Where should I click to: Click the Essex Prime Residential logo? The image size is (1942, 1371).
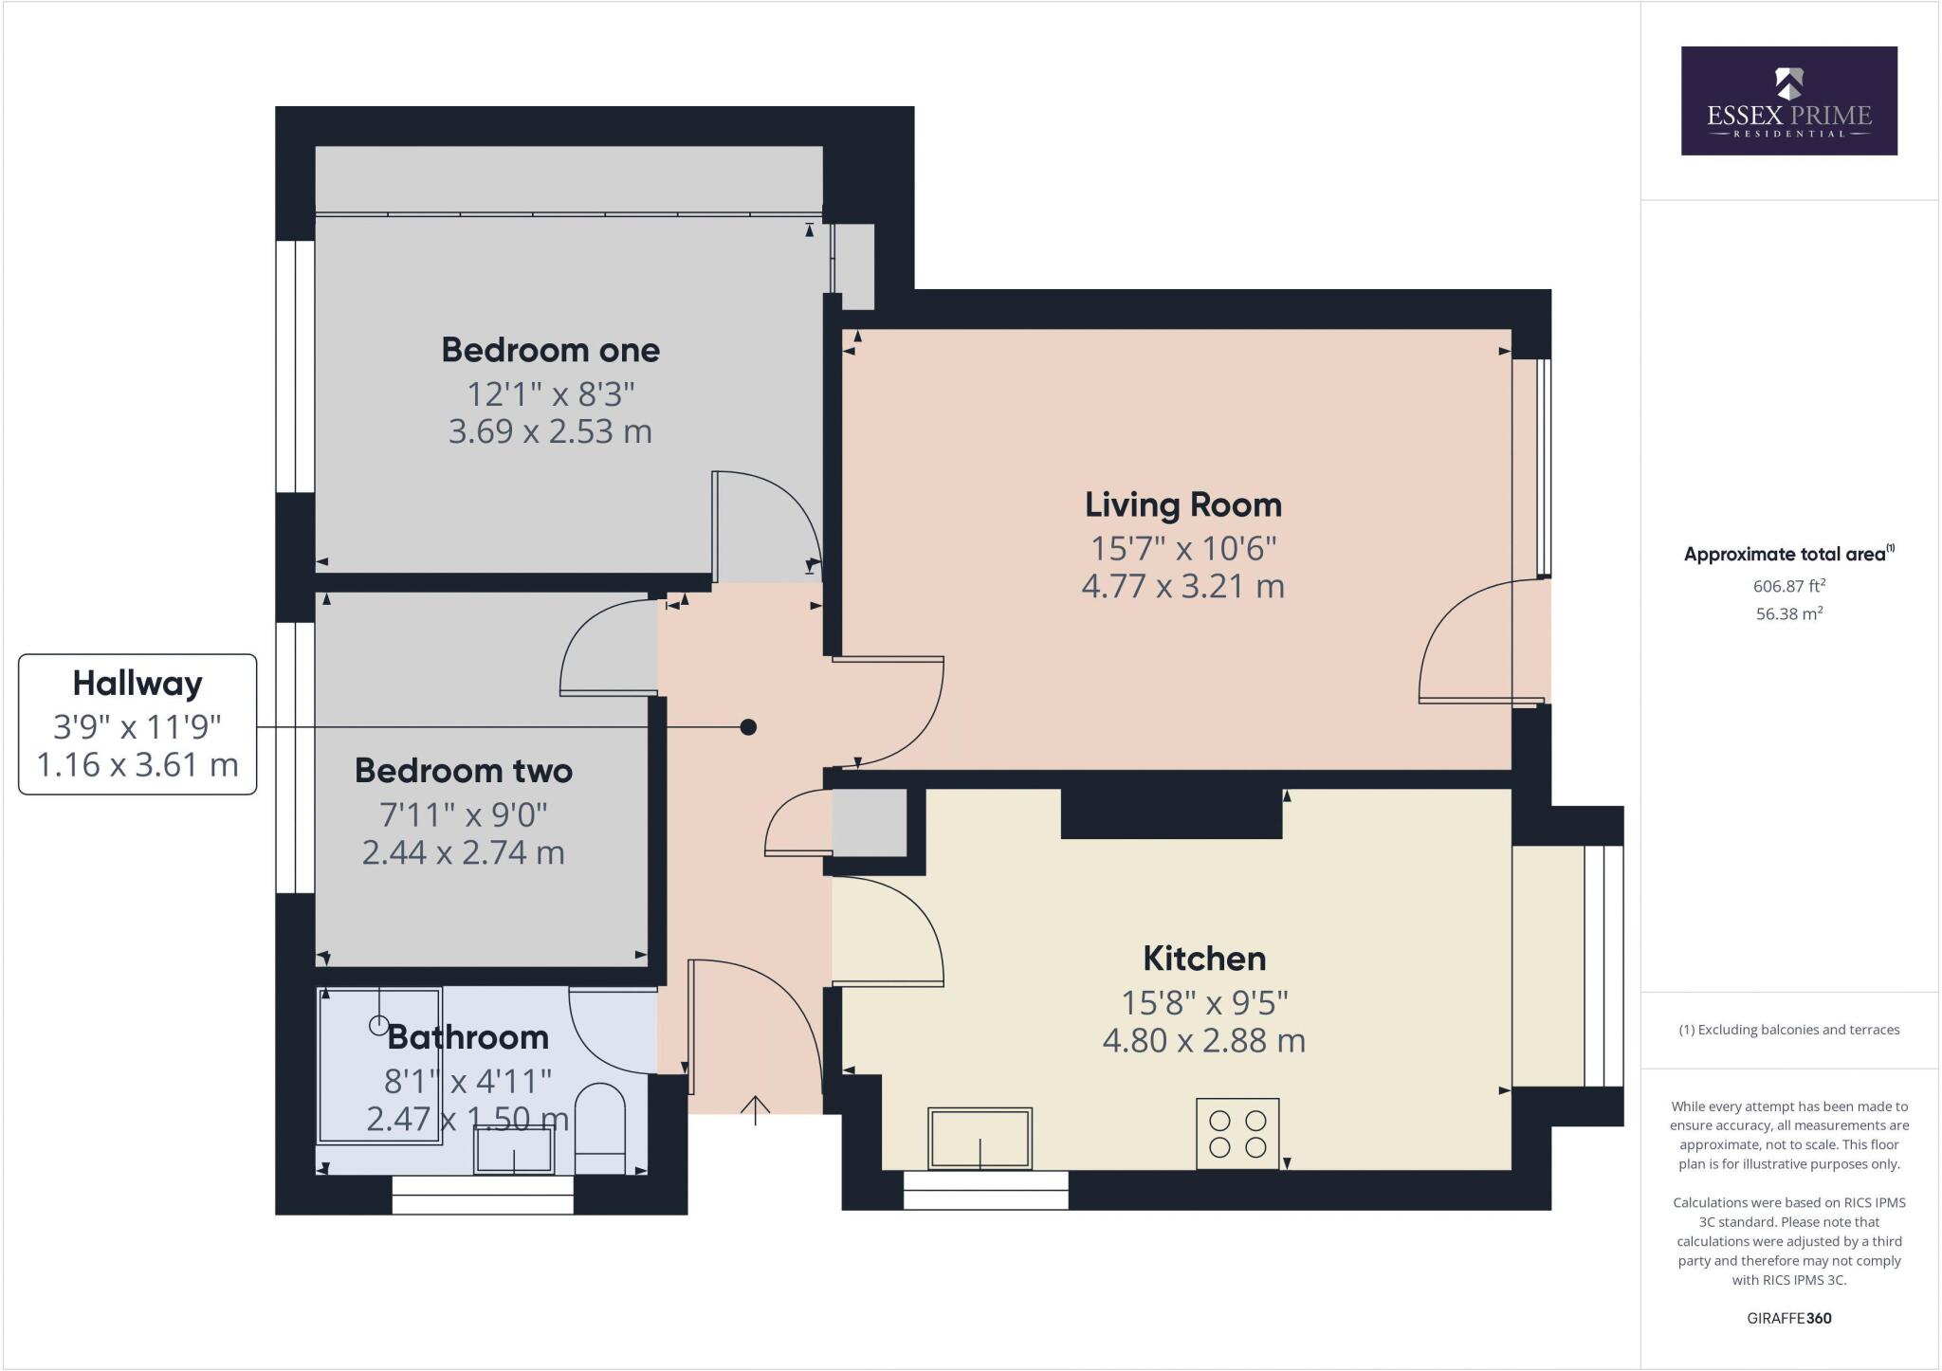[x=1788, y=101]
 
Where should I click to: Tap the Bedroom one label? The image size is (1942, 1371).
[x=550, y=350]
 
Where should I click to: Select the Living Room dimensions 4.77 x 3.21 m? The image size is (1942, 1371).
[x=1182, y=586]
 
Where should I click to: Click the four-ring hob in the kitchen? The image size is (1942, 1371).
[x=1237, y=1133]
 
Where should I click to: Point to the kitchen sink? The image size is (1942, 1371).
[x=980, y=1138]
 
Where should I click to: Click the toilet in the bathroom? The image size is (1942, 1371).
[x=601, y=1130]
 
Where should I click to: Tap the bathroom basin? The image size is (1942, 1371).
[x=514, y=1150]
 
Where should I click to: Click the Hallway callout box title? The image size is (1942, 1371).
[x=137, y=683]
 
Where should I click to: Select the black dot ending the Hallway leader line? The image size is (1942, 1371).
[x=748, y=727]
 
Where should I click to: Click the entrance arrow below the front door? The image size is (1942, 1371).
[x=755, y=1109]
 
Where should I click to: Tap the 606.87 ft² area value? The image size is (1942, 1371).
[x=1788, y=586]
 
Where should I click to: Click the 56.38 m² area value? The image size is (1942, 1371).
[x=1788, y=613]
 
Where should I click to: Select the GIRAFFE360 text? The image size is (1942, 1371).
[x=1788, y=1318]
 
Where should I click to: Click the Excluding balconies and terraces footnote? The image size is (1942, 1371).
[x=1788, y=1030]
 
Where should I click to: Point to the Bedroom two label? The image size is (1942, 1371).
[x=463, y=771]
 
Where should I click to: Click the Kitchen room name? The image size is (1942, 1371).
[x=1203, y=959]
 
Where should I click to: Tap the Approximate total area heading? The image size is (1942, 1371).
[x=1788, y=555]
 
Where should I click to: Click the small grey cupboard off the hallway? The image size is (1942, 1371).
[x=869, y=822]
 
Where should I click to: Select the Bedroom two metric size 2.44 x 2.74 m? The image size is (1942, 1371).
[x=463, y=852]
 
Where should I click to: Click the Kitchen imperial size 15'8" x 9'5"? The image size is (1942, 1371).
[x=1203, y=1001]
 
